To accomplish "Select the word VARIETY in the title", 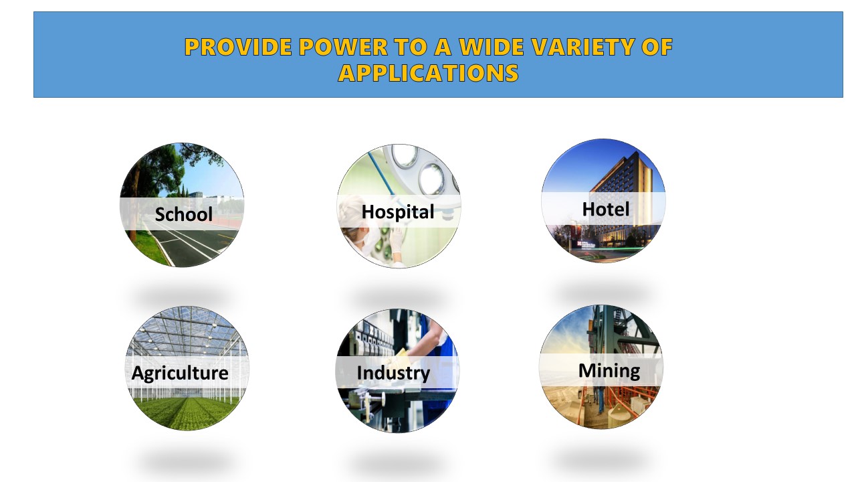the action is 583,47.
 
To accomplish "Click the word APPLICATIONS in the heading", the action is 429,73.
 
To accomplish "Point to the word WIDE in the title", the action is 491,47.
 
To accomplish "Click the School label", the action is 184,214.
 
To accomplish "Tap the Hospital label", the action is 398,212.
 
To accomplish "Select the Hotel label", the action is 606,209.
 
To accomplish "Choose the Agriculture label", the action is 180,373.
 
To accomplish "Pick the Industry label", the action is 393,373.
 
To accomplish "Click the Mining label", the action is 609,370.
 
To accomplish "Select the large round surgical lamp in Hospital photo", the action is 432,178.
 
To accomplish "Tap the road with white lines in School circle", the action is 191,245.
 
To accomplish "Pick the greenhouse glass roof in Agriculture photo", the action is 187,333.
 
